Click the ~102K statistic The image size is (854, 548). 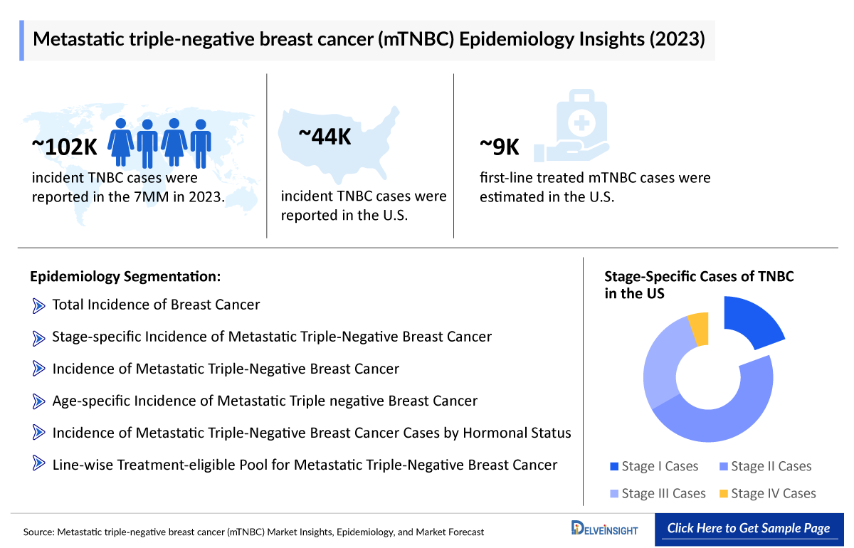click(64, 146)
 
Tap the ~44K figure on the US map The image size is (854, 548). click(324, 137)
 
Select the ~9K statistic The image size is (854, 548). click(500, 147)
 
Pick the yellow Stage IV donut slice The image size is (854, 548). click(700, 330)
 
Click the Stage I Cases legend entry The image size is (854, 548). click(654, 466)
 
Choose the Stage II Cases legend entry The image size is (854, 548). click(764, 466)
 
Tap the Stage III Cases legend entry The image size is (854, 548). click(658, 493)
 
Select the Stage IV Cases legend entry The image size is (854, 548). click(767, 493)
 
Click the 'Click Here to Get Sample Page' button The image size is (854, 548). click(748, 528)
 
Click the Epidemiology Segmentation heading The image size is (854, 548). click(125, 276)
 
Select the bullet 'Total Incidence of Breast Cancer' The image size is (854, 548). click(156, 305)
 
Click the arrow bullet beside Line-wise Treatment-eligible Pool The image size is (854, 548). click(38, 465)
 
